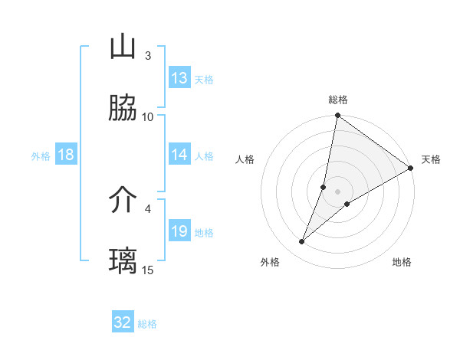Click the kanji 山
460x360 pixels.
point(123,47)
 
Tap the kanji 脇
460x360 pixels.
point(123,109)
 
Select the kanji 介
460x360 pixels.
point(123,201)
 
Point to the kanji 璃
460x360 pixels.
point(123,261)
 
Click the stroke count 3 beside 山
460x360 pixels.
point(147,55)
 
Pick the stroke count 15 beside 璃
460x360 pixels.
point(148,270)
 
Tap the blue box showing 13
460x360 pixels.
point(179,78)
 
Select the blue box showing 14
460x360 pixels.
point(179,155)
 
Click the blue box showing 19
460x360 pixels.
point(179,231)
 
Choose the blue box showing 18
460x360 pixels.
point(66,155)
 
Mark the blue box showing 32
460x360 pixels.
point(123,322)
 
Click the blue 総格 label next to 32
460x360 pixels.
point(147,324)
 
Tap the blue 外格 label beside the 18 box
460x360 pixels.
point(41,155)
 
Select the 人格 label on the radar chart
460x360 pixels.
point(245,159)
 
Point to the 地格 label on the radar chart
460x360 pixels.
point(402,263)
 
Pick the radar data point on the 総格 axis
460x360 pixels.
point(337,116)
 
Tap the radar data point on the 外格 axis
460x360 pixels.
point(302,242)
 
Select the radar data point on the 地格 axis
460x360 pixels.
point(347,204)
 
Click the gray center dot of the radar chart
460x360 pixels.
point(337,191)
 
